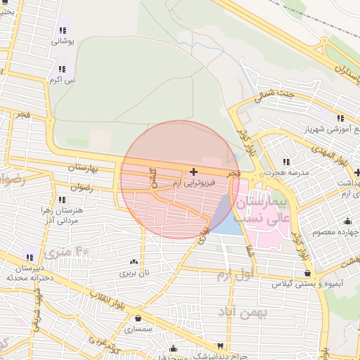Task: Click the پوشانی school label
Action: point(63,41)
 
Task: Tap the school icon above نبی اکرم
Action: point(63,69)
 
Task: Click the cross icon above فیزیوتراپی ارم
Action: point(193,171)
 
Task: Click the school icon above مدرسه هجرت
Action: point(286,162)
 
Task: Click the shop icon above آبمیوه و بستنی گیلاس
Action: point(307,273)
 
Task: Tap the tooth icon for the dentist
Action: point(221,346)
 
